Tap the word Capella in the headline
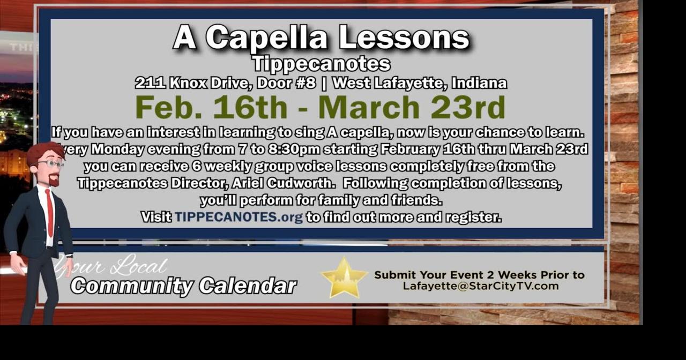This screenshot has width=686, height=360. point(266,37)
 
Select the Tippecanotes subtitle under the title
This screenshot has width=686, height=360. point(321,64)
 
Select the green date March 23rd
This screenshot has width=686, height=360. point(412,107)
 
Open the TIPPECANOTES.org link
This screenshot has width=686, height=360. point(238,217)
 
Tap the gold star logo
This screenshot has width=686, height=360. point(344,277)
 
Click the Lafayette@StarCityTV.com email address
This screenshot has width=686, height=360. point(480,286)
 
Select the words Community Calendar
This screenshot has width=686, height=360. point(183,286)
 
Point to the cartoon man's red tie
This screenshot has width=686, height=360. point(49,212)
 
